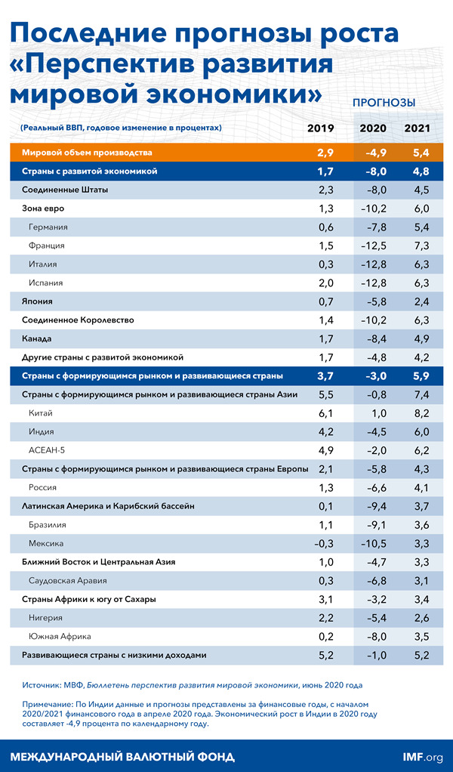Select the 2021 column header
pyautogui.click(x=418, y=128)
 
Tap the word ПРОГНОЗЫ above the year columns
pyautogui.click(x=384, y=102)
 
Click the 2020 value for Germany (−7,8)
pyautogui.click(x=373, y=227)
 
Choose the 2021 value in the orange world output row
pyautogui.click(x=418, y=153)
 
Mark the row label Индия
pyautogui.click(x=42, y=431)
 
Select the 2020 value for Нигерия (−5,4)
pyautogui.click(x=373, y=617)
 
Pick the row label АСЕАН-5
pyautogui.click(x=45, y=450)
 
